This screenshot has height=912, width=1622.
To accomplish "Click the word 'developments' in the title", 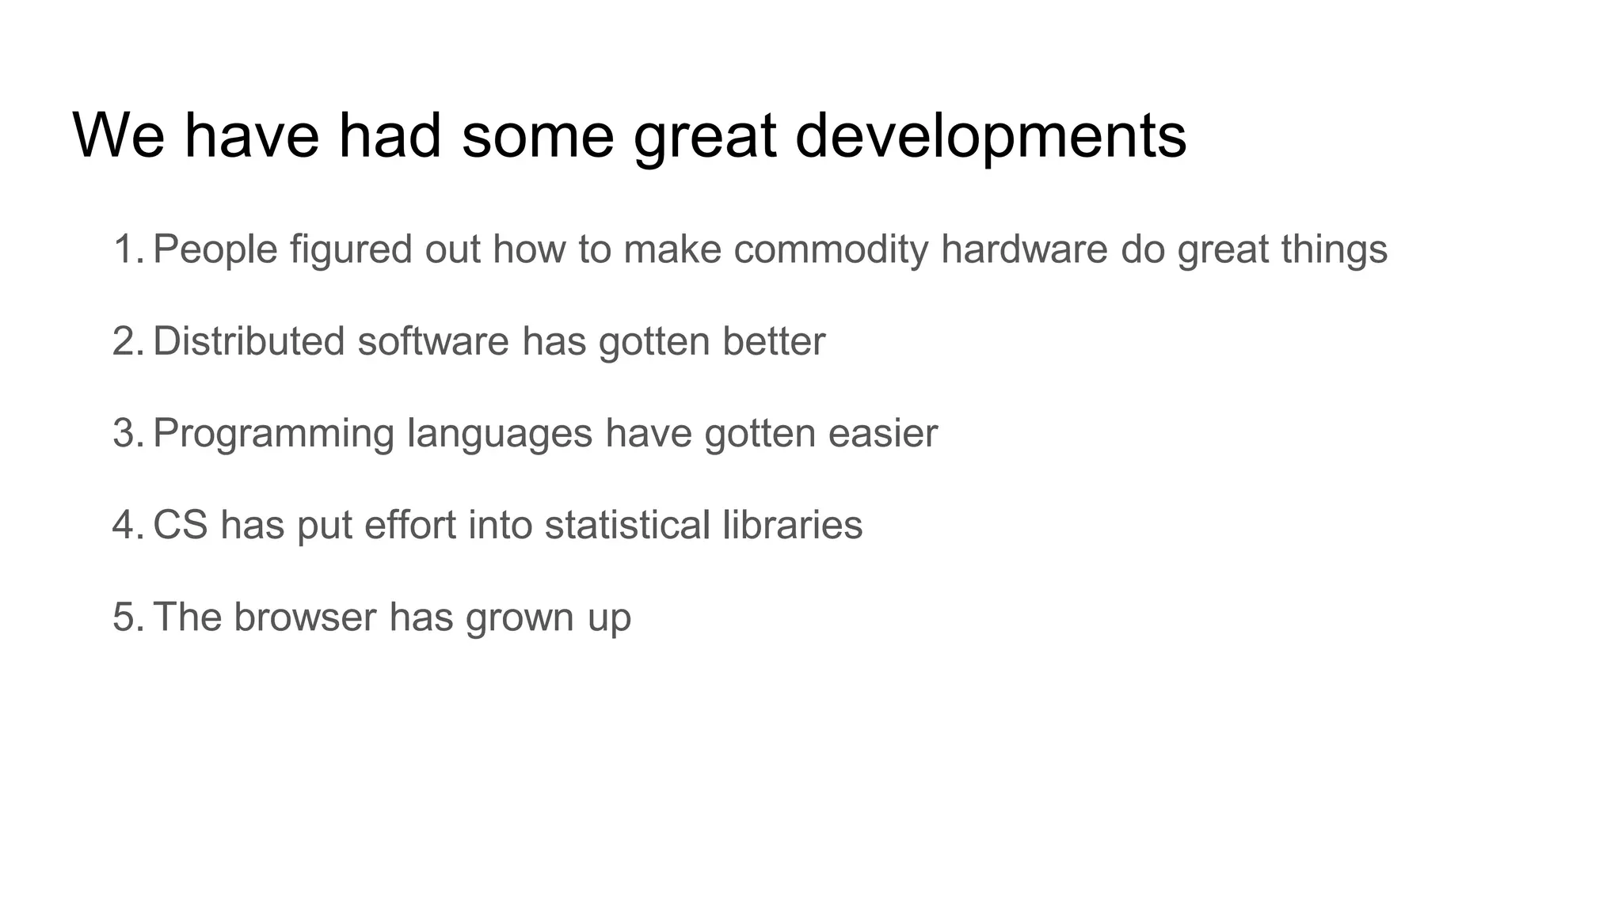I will pos(990,136).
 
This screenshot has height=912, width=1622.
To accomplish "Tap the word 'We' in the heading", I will pos(119,136).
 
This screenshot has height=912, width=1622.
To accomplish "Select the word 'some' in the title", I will pos(538,136).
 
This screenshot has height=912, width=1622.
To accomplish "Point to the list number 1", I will pos(127,249).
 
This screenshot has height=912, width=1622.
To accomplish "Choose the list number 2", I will pos(127,341).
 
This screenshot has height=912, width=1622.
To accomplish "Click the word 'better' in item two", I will pos(774,341).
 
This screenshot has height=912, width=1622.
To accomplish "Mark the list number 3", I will pos(127,433).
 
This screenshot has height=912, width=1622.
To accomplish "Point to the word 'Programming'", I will pos(273,433).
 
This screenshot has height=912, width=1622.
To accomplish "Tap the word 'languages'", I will pos(500,433).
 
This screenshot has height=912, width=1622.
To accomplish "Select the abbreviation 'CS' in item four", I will pos(181,525).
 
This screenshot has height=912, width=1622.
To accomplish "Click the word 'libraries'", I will pos(792,525).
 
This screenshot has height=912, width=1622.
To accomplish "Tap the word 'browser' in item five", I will pos(305,617).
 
